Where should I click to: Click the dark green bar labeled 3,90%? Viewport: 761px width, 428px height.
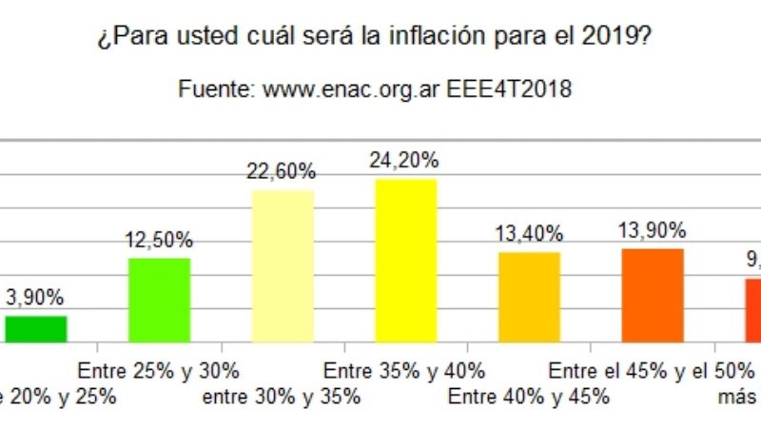pyautogui.click(x=36, y=328)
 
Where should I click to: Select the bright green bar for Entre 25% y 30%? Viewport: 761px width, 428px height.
pyautogui.click(x=159, y=300)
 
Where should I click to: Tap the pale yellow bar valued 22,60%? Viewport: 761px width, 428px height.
pyautogui.click(x=283, y=265)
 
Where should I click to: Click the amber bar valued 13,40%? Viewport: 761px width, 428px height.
pyautogui.click(x=529, y=297)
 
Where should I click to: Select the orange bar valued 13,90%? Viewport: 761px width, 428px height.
pyautogui.click(x=653, y=295)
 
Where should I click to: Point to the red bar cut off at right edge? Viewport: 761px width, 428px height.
pyautogui.click(x=752, y=309)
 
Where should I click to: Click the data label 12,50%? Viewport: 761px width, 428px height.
pyautogui.click(x=159, y=240)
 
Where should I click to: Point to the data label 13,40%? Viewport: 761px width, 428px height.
pyautogui.click(x=529, y=234)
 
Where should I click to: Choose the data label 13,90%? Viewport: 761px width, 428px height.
pyautogui.click(x=653, y=230)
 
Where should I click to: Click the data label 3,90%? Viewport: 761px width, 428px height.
pyautogui.click(x=36, y=297)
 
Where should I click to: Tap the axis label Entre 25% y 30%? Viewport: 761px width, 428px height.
pyautogui.click(x=158, y=370)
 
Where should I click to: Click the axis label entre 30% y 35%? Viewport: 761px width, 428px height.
pyautogui.click(x=282, y=397)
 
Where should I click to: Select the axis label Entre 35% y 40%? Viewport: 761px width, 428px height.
pyautogui.click(x=405, y=370)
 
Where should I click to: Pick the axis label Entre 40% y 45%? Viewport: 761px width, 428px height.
pyautogui.click(x=529, y=397)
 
